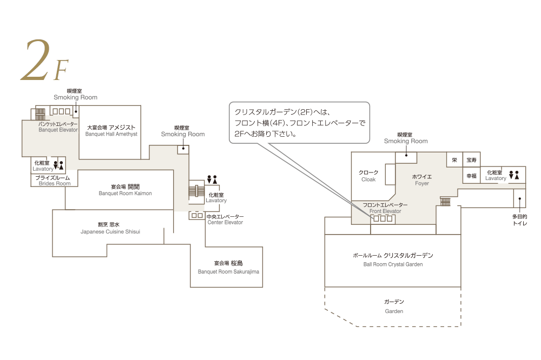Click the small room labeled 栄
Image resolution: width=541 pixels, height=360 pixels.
tap(454, 161)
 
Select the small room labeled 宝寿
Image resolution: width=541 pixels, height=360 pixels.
tap(472, 161)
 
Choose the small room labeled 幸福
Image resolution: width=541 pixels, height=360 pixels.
tap(472, 176)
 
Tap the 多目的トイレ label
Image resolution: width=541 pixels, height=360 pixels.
tap(519, 219)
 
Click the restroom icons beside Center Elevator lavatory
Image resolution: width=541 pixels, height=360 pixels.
tap(212, 179)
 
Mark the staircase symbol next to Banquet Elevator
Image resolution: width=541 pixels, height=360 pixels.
tap(40, 114)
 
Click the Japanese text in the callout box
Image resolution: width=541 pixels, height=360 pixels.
tap(299, 123)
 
